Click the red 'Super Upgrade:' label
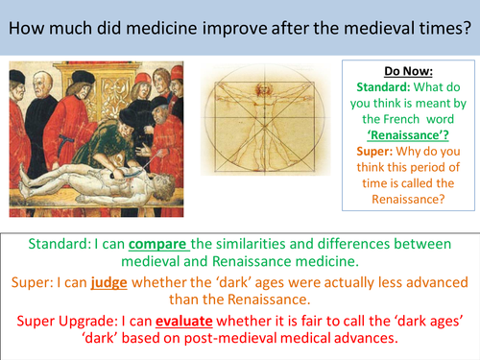[x=79, y=315]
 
